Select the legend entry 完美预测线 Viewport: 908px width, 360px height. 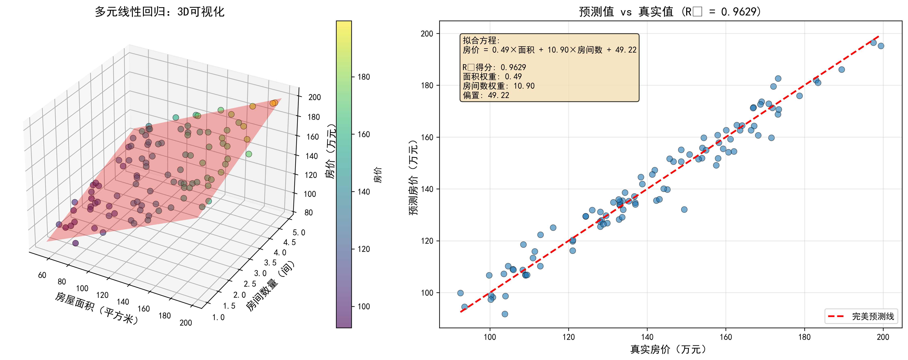pyautogui.click(x=872, y=316)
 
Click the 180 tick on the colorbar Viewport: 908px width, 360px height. pyautogui.click(x=364, y=77)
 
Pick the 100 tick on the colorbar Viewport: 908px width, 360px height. pyautogui.click(x=364, y=306)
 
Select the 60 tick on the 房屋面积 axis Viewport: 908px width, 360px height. pyautogui.click(x=42, y=275)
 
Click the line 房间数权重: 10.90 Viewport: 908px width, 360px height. pyautogui.click(x=498, y=86)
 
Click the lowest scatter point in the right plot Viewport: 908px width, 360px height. pyautogui.click(x=505, y=314)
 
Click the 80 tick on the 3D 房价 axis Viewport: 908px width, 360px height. pyautogui.click(x=309, y=213)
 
